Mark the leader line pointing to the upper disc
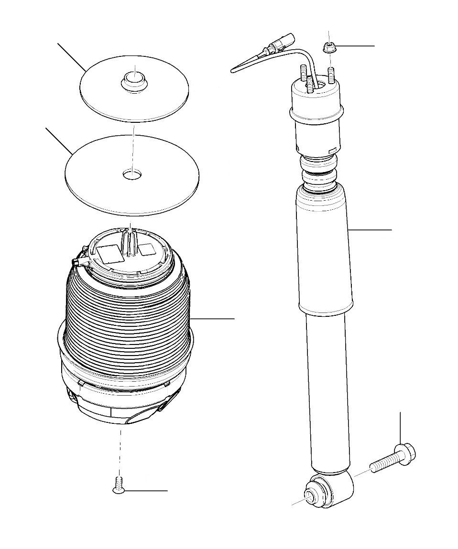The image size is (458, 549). click(x=72, y=57)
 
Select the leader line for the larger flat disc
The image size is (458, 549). click(x=58, y=140)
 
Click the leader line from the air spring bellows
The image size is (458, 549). click(x=213, y=318)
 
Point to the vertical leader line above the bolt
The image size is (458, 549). click(x=401, y=428)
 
